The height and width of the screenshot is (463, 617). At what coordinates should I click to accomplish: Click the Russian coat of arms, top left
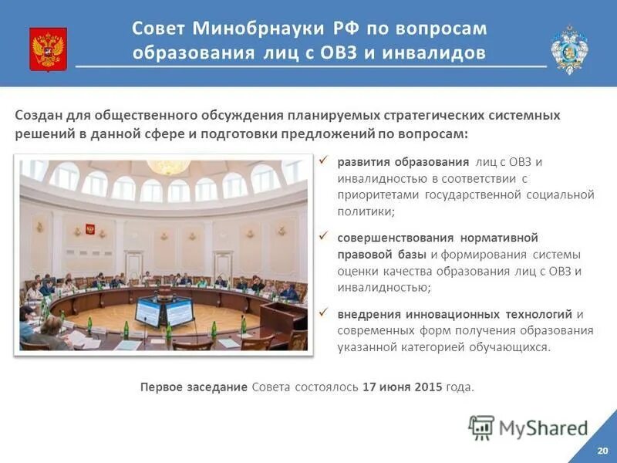click(48, 49)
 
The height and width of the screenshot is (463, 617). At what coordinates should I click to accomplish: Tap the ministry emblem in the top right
click(569, 49)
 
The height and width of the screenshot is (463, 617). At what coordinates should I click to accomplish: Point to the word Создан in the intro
click(36, 115)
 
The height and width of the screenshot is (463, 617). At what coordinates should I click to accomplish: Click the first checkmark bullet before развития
click(323, 161)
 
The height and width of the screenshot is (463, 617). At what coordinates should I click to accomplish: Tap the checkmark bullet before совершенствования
click(323, 236)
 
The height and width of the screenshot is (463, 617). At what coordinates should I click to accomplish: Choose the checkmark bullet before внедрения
click(323, 313)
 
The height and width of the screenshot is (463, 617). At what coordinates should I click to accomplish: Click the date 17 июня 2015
click(402, 387)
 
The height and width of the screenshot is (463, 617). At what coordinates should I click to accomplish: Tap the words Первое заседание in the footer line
click(194, 387)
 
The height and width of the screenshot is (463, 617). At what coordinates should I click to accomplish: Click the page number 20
click(602, 450)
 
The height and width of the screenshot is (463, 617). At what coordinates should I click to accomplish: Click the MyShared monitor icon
click(481, 427)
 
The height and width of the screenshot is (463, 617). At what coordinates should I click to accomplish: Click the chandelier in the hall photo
click(168, 166)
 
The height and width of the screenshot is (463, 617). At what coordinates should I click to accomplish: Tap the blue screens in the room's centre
click(164, 311)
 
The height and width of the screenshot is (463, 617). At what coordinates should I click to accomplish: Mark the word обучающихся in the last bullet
click(511, 347)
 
